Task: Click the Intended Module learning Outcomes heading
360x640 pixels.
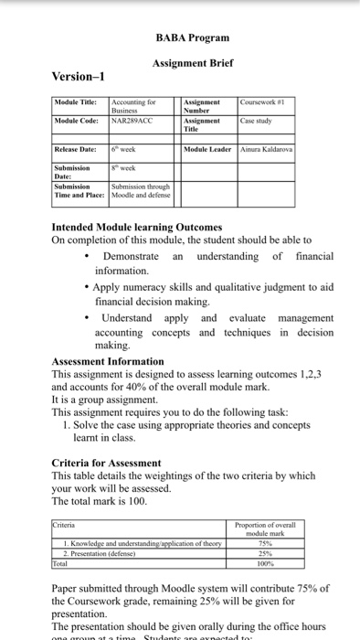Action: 136,227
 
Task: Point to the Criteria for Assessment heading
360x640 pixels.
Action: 106,463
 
